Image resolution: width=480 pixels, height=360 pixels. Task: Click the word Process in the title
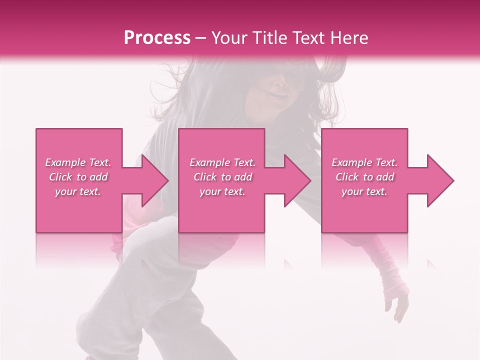[x=157, y=38]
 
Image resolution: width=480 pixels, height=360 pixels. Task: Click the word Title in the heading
[x=269, y=38]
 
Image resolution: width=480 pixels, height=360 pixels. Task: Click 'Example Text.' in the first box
[x=78, y=162]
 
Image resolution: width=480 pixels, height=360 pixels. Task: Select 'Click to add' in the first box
[x=78, y=177]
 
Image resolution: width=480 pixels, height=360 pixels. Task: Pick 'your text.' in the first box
[x=78, y=191]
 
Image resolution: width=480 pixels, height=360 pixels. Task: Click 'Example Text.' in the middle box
[x=222, y=162]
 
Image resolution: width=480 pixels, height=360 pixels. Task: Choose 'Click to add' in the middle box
[x=222, y=177]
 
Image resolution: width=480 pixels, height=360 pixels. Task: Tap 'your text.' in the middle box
[x=222, y=191]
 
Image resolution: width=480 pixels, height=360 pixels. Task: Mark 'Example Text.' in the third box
[x=364, y=162]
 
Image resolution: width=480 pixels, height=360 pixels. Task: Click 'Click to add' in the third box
[x=364, y=177]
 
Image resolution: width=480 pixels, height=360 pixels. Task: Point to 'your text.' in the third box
[x=364, y=191]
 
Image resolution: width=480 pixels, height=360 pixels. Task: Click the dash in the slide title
[x=201, y=38]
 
